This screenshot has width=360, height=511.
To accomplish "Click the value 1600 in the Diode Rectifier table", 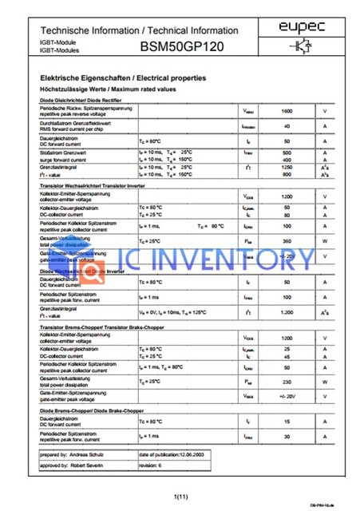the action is click(x=287, y=110).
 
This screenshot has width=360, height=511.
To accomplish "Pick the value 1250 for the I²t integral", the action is click(x=287, y=166).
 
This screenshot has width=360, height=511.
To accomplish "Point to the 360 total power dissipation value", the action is click(x=287, y=240).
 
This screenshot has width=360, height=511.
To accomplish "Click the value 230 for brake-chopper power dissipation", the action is click(x=287, y=382).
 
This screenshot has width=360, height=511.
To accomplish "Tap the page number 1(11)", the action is click(x=180, y=497).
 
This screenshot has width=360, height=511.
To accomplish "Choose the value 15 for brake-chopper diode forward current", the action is click(x=287, y=421).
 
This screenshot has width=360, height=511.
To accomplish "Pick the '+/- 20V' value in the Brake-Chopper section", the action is click(x=287, y=397).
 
